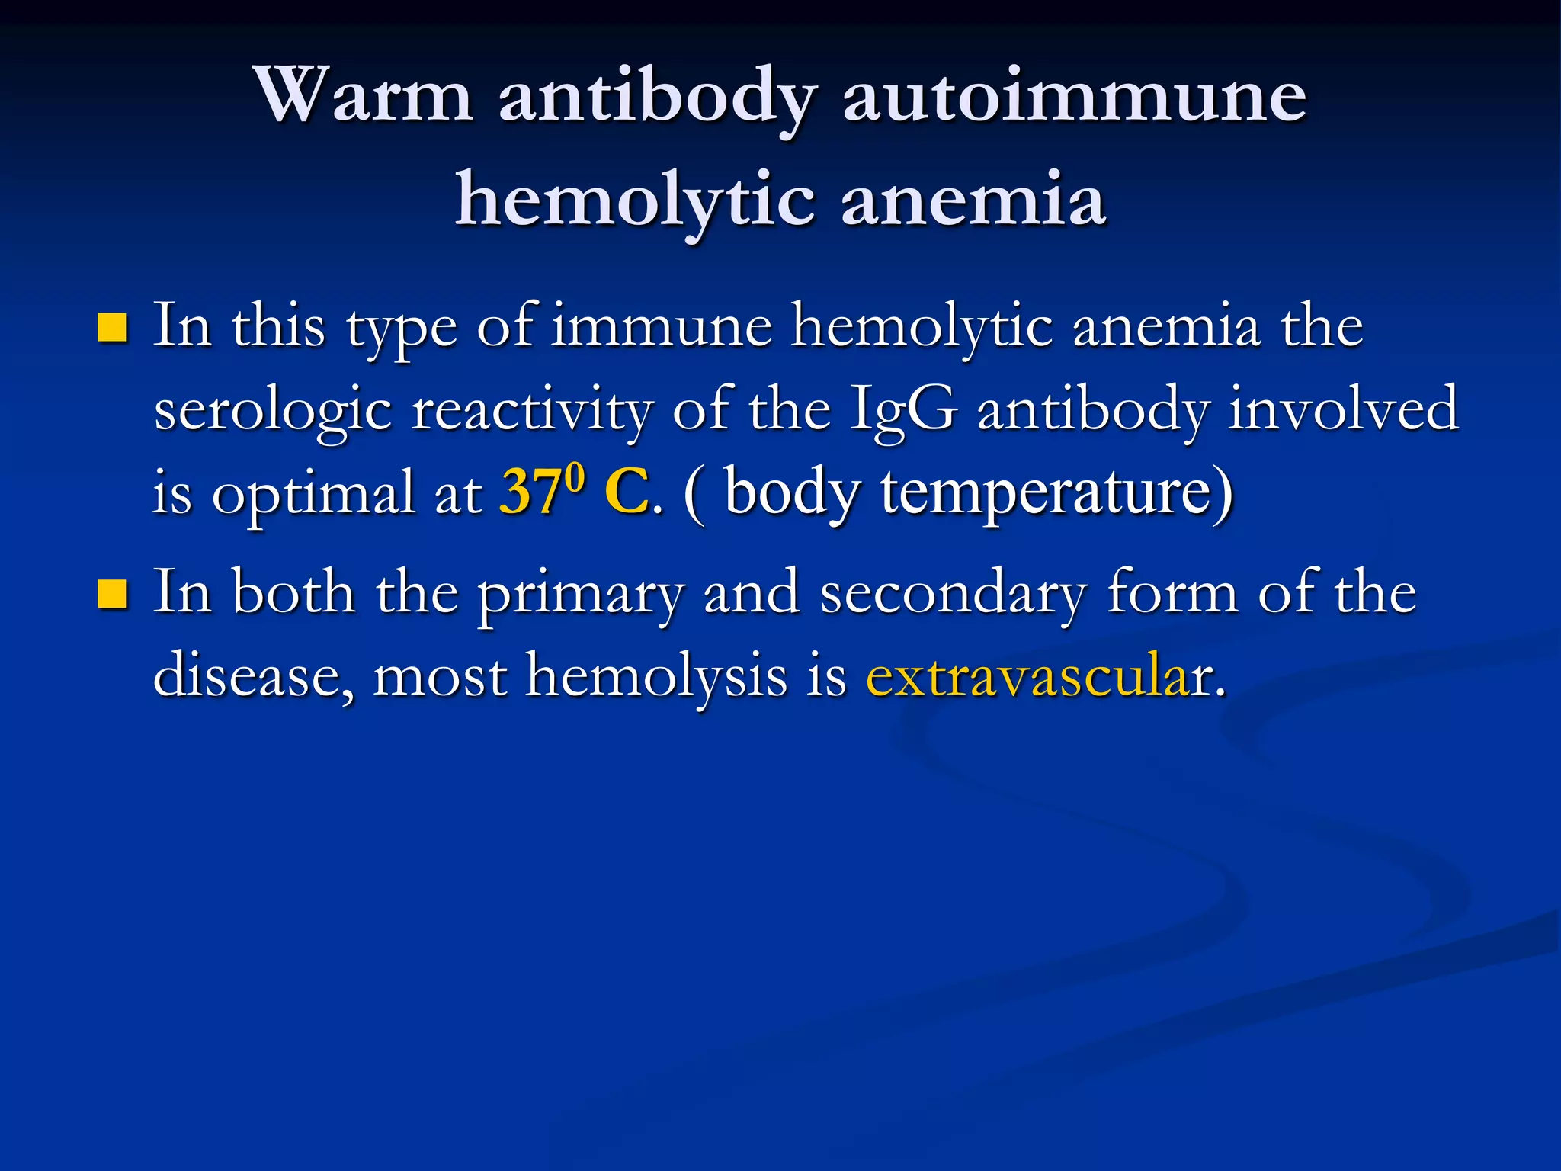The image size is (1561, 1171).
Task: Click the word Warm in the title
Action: [364, 95]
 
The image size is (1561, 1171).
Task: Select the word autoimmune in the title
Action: [1075, 95]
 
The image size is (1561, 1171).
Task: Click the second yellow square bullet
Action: [112, 594]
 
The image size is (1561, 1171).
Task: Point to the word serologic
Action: [273, 412]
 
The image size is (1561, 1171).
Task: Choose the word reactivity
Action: [532, 412]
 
